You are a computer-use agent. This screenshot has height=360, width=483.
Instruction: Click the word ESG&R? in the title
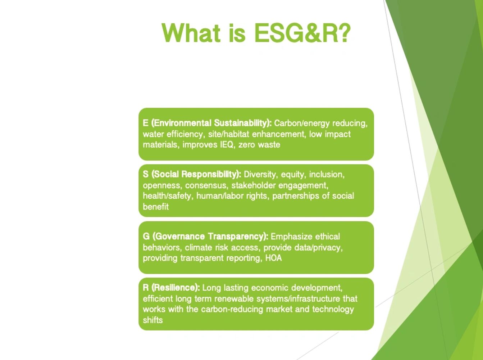click(302, 33)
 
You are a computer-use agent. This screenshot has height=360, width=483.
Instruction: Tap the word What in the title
click(191, 33)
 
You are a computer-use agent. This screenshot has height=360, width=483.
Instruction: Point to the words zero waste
click(259, 145)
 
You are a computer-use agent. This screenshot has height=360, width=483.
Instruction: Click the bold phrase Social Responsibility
click(196, 174)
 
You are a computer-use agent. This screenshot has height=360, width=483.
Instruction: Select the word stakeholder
click(253, 185)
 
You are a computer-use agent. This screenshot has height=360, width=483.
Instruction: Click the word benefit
click(156, 207)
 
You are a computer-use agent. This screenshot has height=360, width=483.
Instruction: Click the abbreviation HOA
click(274, 258)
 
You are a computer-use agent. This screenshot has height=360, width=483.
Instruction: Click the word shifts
click(152, 320)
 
